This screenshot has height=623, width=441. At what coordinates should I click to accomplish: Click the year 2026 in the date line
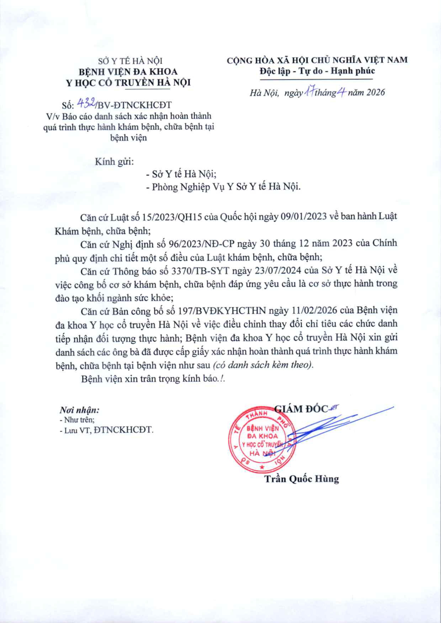tap(376, 93)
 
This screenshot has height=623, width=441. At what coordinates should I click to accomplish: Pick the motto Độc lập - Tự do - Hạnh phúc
tap(317, 71)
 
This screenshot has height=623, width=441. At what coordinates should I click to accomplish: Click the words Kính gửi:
tap(114, 162)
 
